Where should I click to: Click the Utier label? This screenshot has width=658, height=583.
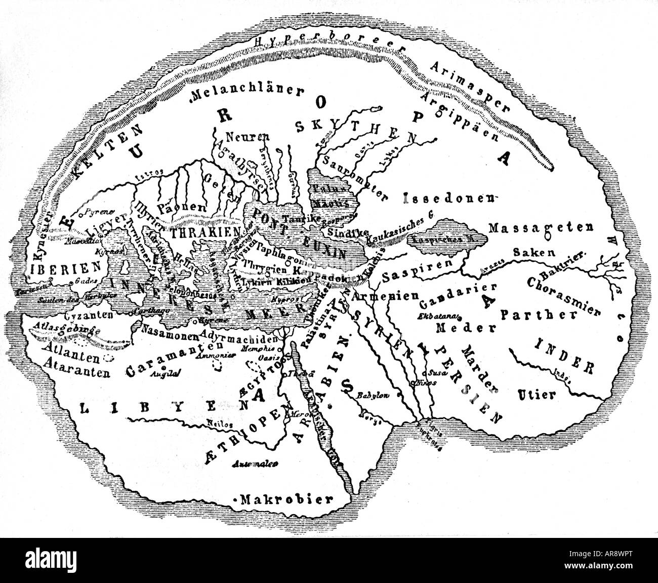537,393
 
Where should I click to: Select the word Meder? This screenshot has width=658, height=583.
454,328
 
